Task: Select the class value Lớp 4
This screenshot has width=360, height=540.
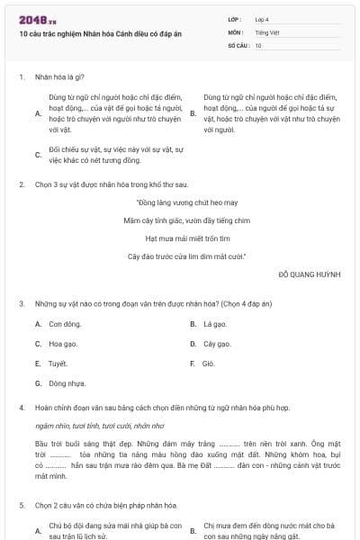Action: pos(262,19)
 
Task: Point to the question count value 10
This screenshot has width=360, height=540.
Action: pos(258,44)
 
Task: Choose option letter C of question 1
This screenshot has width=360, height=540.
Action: pos(38,155)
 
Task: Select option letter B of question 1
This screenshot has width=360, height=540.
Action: pos(193,113)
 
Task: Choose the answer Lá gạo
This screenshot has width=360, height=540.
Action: pos(214,324)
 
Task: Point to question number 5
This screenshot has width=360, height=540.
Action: pos(22,506)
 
